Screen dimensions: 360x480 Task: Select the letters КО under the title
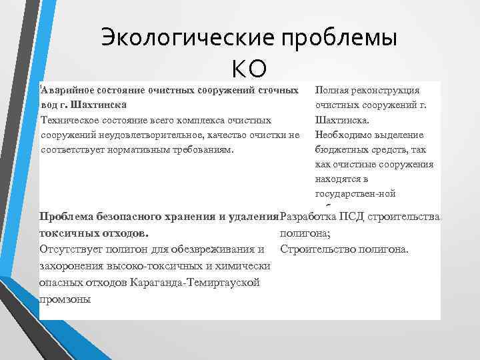[249, 67]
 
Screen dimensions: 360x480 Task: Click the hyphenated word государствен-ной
[355, 194]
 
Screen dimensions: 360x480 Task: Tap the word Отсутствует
[73, 249]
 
